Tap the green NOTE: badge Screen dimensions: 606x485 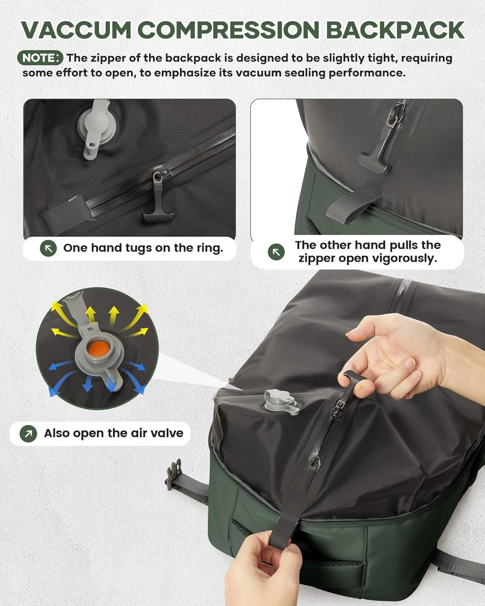tap(40, 58)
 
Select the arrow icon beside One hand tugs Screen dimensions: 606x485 tap(48, 248)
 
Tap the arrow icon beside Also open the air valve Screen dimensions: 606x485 tap(28, 433)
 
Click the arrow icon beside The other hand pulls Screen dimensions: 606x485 tap(276, 252)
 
